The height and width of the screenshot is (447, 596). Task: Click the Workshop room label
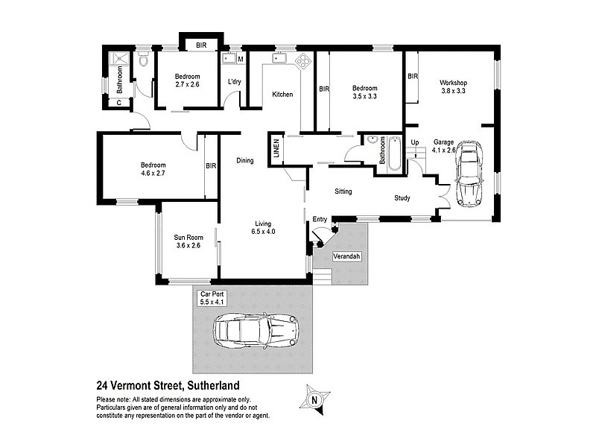pos(453,82)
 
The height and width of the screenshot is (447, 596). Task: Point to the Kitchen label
pos(282,95)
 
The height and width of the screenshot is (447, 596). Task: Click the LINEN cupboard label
pos(276,148)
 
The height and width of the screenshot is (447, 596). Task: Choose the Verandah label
pos(347,257)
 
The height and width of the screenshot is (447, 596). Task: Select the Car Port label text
pos(212,294)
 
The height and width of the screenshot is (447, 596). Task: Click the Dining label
pos(245,161)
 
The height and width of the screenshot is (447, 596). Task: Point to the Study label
pos(402,198)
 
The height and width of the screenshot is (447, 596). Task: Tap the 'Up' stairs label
pos(415,142)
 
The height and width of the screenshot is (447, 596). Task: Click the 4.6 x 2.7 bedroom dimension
pos(153,174)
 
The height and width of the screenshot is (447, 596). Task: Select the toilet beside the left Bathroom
pos(142,60)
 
